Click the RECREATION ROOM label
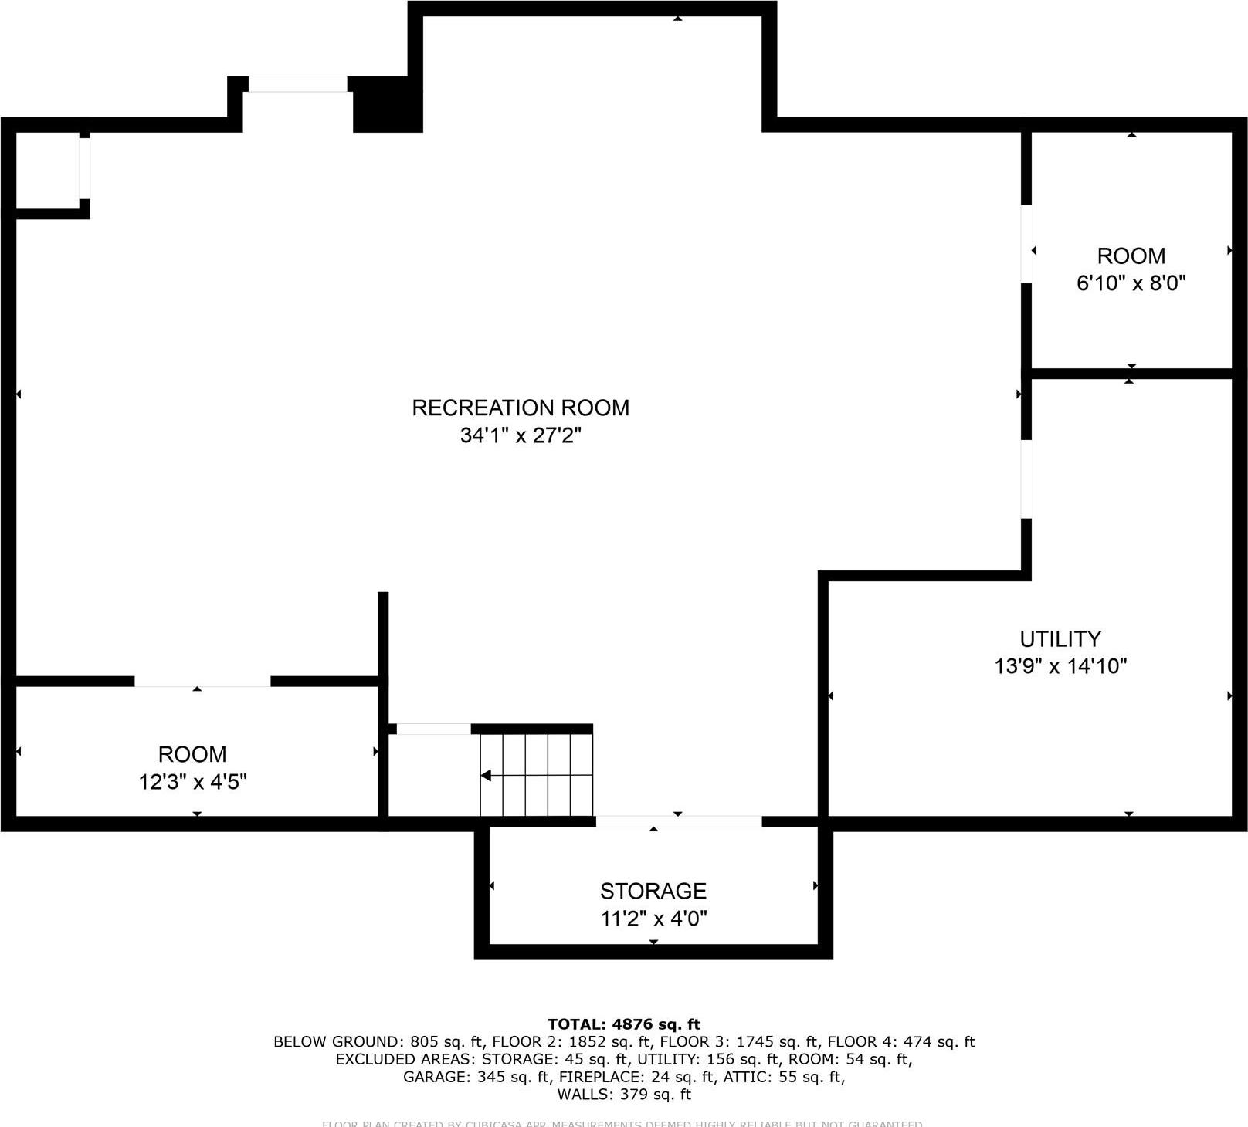(521, 408)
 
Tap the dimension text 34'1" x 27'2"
(521, 435)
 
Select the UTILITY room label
(1060, 639)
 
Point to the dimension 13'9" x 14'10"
(1060, 666)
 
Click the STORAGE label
(653, 892)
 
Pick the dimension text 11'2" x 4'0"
(653, 919)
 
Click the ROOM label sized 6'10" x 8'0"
(1131, 256)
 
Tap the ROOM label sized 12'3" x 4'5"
(192, 754)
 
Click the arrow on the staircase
(487, 775)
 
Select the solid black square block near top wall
(388, 104)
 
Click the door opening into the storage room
(679, 822)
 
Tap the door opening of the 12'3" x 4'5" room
(202, 682)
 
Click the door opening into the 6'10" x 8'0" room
(1026, 243)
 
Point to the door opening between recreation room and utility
(1026, 479)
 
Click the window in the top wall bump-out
(297, 83)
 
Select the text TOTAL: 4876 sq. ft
(624, 1024)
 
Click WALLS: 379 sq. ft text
(624, 1095)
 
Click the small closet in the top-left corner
(47, 171)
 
